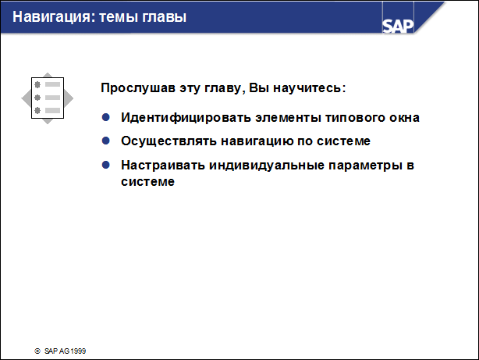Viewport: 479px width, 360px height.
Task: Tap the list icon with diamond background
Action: pyautogui.click(x=46, y=98)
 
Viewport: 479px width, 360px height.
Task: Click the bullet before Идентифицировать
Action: pyautogui.click(x=106, y=117)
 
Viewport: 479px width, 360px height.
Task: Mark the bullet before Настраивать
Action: pyautogui.click(x=106, y=166)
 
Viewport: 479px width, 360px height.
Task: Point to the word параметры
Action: pyautogui.click(x=357, y=166)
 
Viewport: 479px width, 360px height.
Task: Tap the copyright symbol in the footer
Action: pyautogui.click(x=37, y=351)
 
